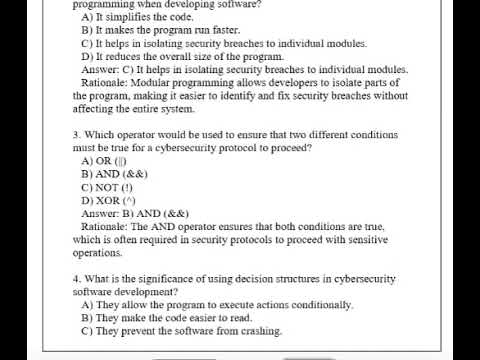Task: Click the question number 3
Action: pyautogui.click(x=76, y=134)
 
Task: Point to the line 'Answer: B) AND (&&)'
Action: pyautogui.click(x=135, y=213)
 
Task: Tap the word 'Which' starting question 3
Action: pyautogui.click(x=102, y=134)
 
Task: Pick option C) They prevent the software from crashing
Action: pyautogui.click(x=195, y=331)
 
